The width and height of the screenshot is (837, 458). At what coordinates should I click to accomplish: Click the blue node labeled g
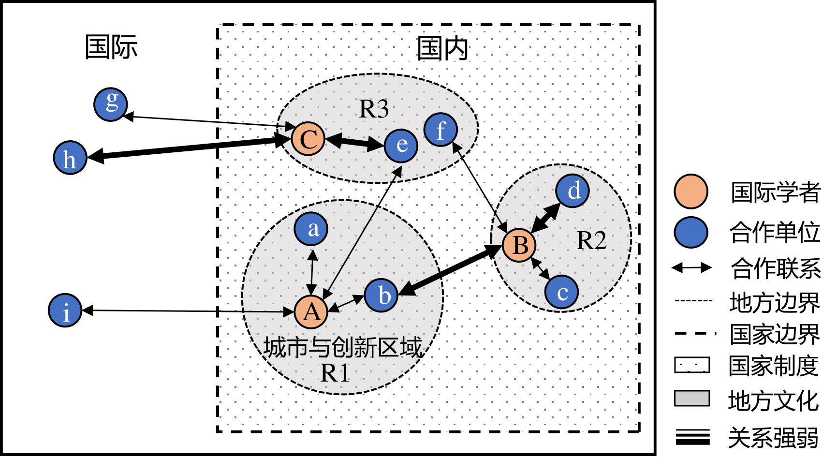(x=111, y=104)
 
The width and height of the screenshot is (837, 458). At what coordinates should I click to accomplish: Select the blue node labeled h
(x=70, y=158)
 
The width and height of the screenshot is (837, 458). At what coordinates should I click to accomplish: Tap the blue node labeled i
(x=65, y=310)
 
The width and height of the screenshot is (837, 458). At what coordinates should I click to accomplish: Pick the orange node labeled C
(x=308, y=139)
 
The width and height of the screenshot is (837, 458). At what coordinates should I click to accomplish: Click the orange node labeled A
(x=311, y=312)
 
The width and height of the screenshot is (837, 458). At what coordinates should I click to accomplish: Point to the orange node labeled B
(x=519, y=245)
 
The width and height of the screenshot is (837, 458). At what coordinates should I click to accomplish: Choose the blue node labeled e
(x=401, y=145)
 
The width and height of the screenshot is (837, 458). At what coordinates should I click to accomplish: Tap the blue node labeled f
(x=441, y=130)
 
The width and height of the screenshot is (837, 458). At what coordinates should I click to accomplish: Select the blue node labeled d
(x=573, y=191)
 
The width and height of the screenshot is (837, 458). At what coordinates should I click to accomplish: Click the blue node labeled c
(x=561, y=292)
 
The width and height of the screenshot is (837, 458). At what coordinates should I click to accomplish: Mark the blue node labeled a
(x=311, y=229)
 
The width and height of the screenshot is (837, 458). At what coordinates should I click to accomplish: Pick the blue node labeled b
(x=382, y=295)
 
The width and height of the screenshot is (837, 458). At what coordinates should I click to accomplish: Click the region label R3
(x=374, y=109)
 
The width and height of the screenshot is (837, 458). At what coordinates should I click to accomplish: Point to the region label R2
(x=591, y=240)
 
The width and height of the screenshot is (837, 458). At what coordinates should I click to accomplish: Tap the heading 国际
(x=111, y=47)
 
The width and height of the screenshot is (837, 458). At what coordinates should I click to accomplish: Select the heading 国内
(x=442, y=48)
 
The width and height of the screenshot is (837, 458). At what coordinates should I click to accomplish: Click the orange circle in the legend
(x=691, y=192)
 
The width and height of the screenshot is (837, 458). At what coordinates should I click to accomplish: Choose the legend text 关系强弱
(x=773, y=438)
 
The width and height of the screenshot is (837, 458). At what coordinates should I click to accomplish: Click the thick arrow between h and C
(x=189, y=148)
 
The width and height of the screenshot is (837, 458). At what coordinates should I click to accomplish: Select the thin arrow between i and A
(x=189, y=311)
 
